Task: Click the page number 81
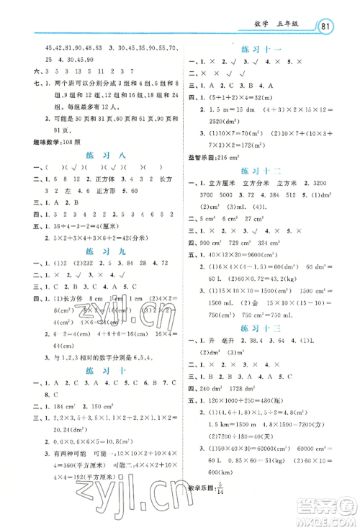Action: coord(328,27)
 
